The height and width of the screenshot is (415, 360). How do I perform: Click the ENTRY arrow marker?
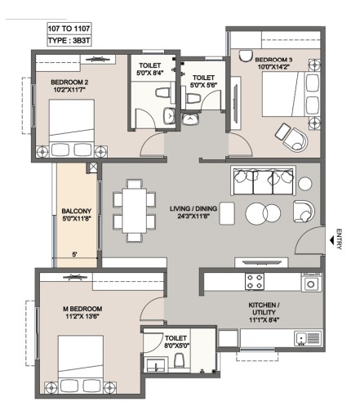(x=331, y=240)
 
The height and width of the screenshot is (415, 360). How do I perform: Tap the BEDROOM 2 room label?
(x=69, y=82)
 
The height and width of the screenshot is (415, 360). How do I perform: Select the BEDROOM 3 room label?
(x=273, y=60)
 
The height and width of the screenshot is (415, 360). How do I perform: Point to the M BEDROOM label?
(x=82, y=309)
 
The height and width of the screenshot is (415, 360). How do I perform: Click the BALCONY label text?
(x=77, y=211)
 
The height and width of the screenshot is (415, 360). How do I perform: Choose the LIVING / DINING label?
(x=193, y=208)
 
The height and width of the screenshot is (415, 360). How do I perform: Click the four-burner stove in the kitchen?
(x=255, y=282)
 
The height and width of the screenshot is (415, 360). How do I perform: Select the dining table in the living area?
(x=135, y=210)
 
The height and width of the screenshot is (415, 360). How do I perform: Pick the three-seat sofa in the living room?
(x=263, y=181)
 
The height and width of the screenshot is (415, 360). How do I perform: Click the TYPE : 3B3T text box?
(x=69, y=41)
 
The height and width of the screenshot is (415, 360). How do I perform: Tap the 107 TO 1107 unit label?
(x=69, y=29)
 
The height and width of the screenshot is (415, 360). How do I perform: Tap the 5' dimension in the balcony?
(x=74, y=255)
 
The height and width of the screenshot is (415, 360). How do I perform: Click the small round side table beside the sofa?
(x=305, y=184)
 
